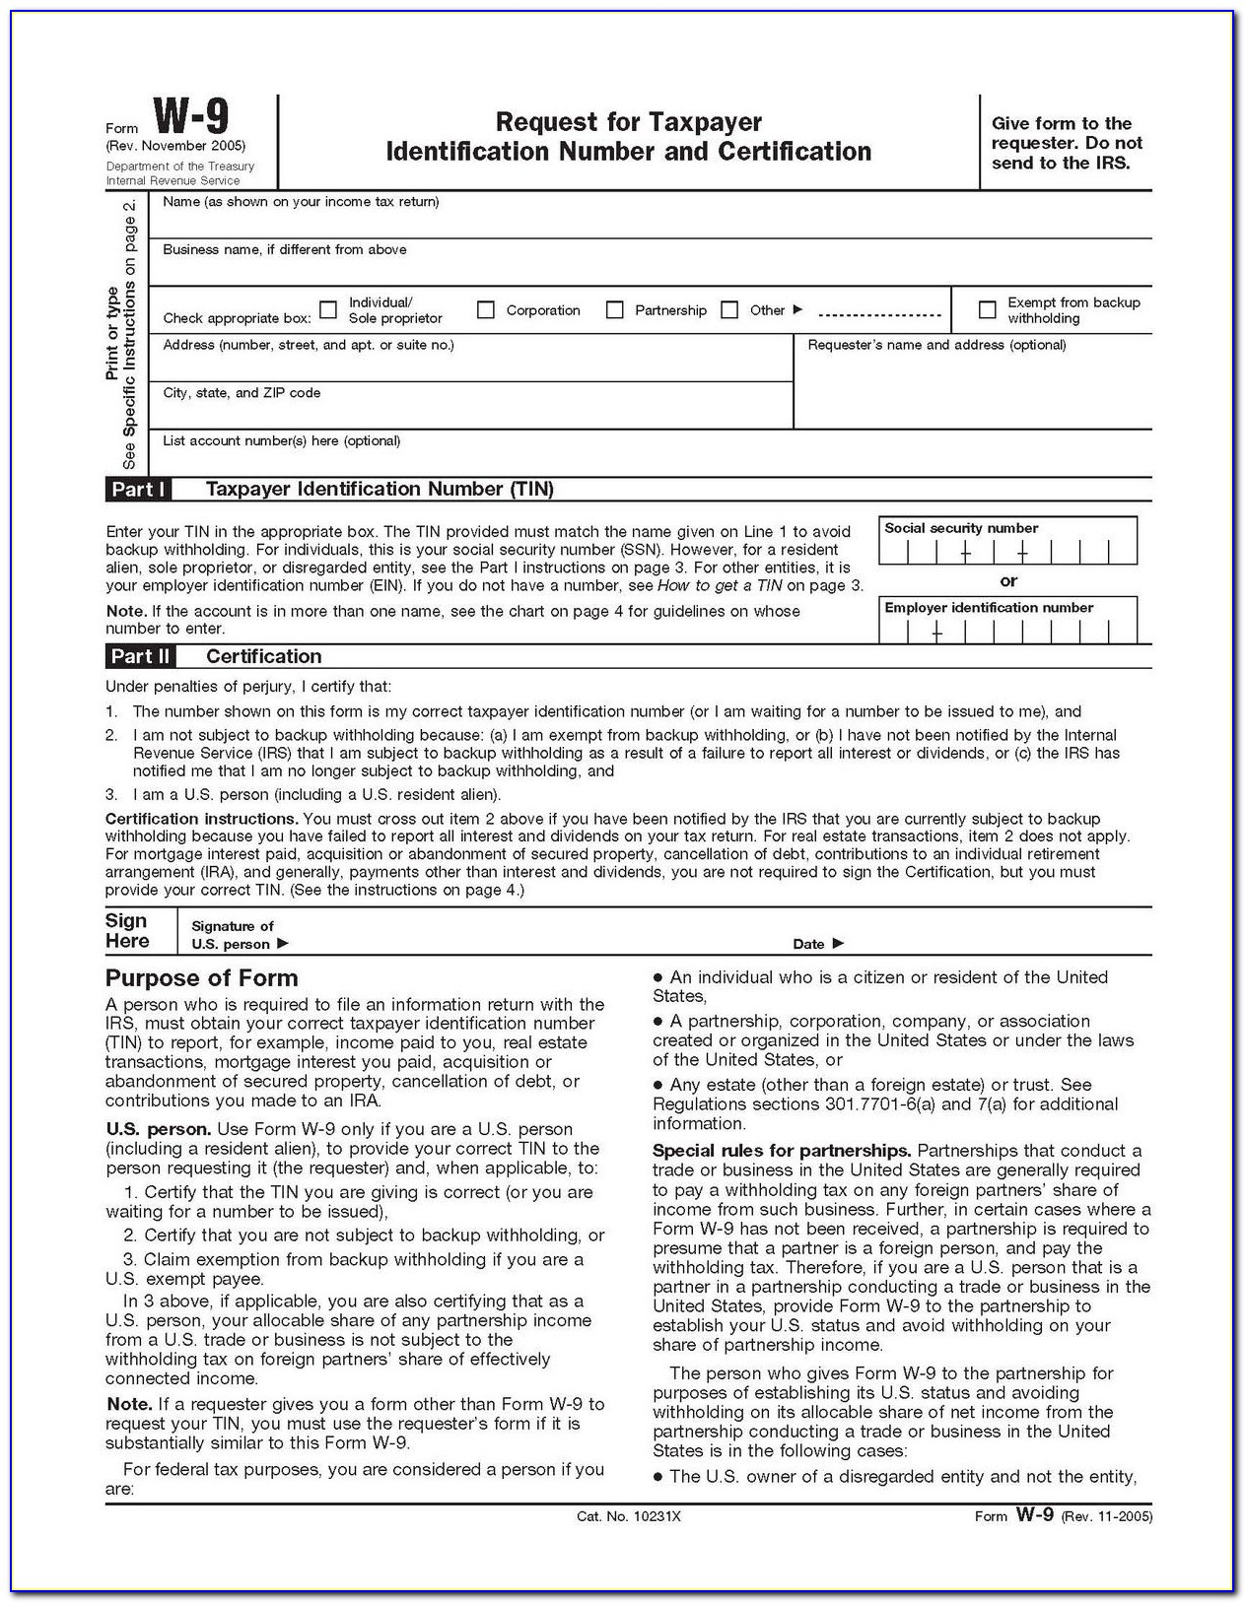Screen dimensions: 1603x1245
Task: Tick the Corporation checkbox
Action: tap(485, 310)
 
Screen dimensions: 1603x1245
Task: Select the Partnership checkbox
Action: tap(614, 310)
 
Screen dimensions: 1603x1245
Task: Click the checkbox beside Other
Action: tap(729, 310)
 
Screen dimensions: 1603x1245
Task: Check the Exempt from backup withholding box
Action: tap(987, 310)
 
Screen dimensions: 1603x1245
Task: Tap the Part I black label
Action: tap(138, 490)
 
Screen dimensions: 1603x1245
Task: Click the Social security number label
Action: tap(961, 528)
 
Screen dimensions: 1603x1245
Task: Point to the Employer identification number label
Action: tap(989, 608)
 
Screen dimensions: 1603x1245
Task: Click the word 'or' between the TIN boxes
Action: tap(1008, 581)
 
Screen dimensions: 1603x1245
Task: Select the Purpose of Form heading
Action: tap(201, 978)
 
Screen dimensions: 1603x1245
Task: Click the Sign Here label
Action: tap(127, 931)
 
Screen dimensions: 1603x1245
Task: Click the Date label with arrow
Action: tap(818, 944)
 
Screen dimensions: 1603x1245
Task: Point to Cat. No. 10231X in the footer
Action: tap(628, 1516)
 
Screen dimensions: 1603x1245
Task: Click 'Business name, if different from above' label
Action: tap(284, 250)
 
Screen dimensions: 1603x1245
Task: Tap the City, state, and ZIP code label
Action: tap(242, 393)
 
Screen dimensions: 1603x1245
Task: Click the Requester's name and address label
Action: tap(936, 345)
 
